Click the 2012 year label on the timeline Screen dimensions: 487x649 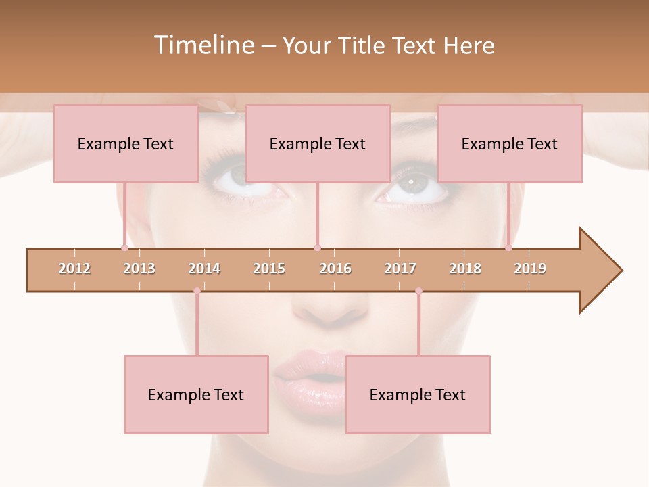point(74,269)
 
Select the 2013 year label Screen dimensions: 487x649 point(139,269)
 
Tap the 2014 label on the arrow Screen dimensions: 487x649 point(204,269)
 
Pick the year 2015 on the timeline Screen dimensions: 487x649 point(269,269)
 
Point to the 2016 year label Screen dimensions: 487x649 point(335,269)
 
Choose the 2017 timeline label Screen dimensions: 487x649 point(400,269)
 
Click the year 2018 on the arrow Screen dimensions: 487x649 point(465,269)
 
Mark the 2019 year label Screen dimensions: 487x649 point(530,269)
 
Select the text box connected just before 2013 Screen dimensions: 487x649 point(126,143)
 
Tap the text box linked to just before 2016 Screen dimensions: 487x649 point(318,143)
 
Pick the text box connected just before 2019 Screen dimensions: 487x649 point(510,143)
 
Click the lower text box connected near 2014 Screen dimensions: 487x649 point(196,394)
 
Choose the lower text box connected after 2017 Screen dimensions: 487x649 point(418,394)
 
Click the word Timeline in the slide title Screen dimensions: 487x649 point(203,45)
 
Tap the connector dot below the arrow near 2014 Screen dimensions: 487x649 point(197,291)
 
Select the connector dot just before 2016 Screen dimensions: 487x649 point(317,248)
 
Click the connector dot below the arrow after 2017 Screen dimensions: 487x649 point(418,291)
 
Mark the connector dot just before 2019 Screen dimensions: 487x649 point(509,248)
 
